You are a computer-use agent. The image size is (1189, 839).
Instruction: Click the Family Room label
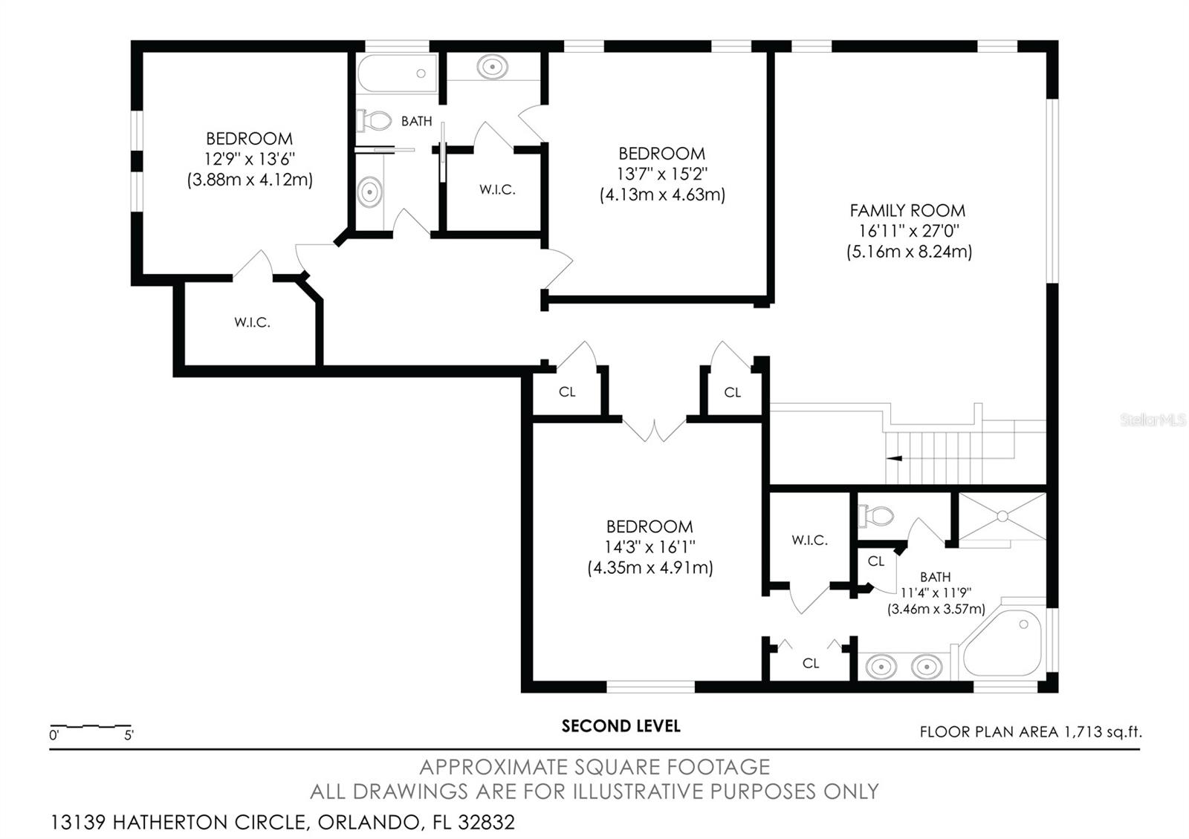pos(907,211)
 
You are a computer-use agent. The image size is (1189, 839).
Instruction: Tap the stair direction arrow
pos(895,458)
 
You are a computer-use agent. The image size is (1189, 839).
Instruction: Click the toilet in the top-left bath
pos(374,120)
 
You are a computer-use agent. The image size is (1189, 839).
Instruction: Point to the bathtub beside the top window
pos(397,74)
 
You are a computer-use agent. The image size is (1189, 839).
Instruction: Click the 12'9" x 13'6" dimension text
pos(249,159)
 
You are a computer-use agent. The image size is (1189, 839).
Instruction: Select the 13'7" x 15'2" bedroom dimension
pos(662,174)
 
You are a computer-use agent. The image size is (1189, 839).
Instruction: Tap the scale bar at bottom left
pos(91,726)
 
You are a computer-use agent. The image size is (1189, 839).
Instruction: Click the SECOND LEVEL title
pos(621,726)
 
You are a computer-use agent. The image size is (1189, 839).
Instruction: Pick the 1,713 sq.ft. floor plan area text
pos(1030,732)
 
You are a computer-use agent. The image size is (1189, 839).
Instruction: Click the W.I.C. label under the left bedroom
pos(252,322)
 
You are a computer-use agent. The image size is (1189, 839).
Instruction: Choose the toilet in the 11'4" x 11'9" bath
pos(876,515)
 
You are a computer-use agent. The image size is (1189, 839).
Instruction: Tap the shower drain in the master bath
pos(1002,515)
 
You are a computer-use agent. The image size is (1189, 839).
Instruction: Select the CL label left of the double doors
pos(567,392)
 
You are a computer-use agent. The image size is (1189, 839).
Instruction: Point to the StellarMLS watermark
pos(1153,420)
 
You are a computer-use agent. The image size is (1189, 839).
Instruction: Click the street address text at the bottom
pos(282,823)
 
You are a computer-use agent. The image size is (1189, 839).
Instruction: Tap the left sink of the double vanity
pos(881,667)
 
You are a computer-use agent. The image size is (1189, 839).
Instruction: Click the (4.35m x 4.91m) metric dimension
pos(650,568)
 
